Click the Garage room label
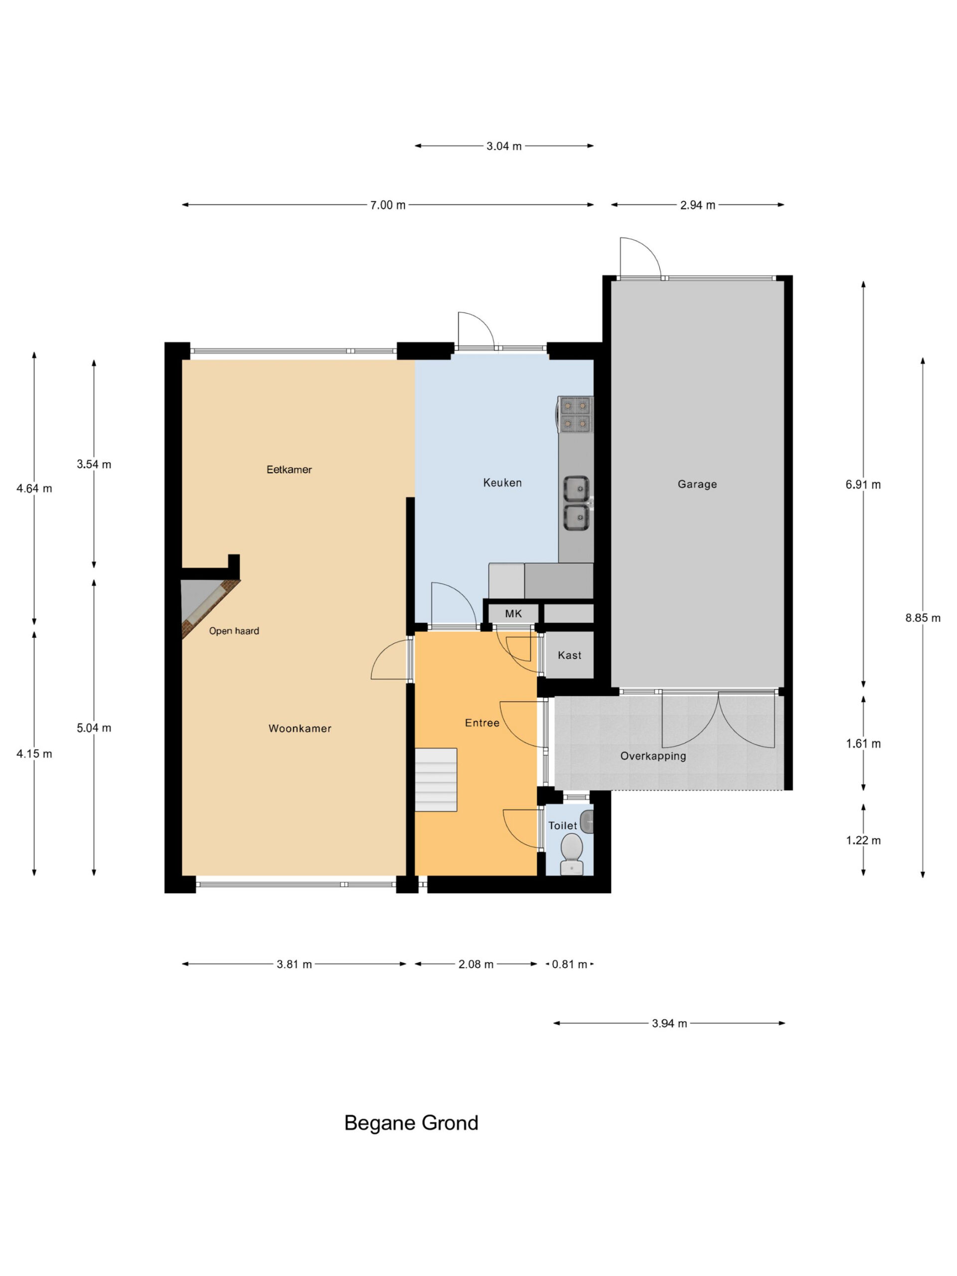click(x=697, y=484)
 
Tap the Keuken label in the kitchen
click(x=502, y=483)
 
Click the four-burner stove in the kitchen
click(x=575, y=415)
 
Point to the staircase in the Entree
click(x=436, y=780)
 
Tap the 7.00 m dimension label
click(x=388, y=205)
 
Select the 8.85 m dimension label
click(x=923, y=618)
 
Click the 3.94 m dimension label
click(x=669, y=1023)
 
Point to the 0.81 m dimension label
click(x=569, y=964)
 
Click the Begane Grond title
click(x=411, y=1122)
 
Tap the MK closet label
click(x=513, y=613)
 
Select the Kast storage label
click(x=569, y=655)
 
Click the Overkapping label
click(x=653, y=756)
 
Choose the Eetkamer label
click(x=289, y=470)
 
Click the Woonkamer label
click(x=300, y=728)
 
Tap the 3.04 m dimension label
click(x=503, y=146)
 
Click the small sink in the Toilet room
click(x=586, y=821)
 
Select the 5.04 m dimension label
click(x=94, y=728)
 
